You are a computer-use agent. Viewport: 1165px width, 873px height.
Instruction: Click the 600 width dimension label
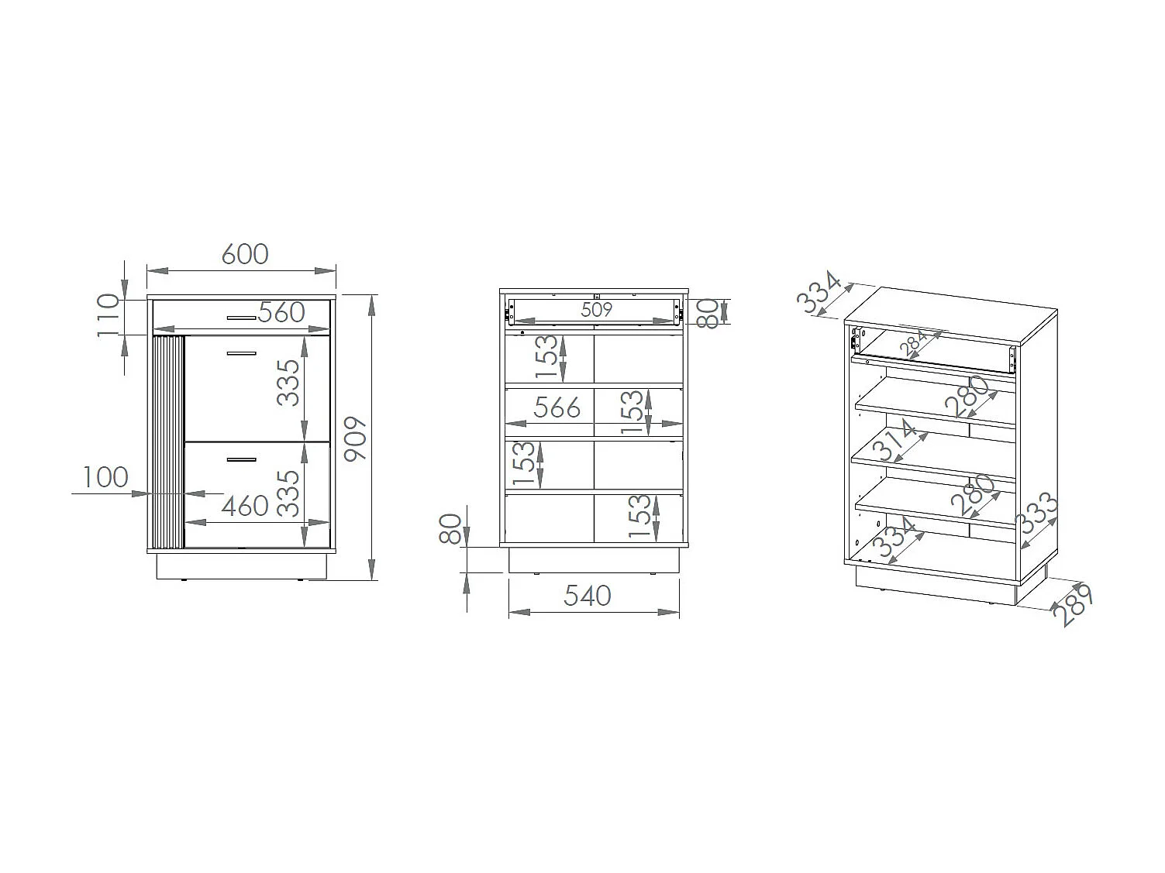[x=245, y=254]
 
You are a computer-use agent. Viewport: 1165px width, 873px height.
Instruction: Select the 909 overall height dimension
[x=355, y=438]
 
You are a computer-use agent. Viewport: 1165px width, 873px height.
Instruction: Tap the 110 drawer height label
[x=109, y=316]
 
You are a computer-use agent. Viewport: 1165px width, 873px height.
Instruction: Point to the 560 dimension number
[x=281, y=312]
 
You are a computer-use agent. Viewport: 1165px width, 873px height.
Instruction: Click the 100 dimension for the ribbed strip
[x=105, y=477]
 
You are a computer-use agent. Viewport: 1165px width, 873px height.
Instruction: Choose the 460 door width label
[x=245, y=506]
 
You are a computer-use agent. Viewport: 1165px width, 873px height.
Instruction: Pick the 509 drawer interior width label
[x=597, y=309]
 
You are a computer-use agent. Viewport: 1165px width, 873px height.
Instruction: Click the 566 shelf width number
[x=557, y=407]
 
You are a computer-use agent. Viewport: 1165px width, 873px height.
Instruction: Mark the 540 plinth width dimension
[x=587, y=596]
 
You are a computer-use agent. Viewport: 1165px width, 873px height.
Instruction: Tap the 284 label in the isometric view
[x=913, y=342]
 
